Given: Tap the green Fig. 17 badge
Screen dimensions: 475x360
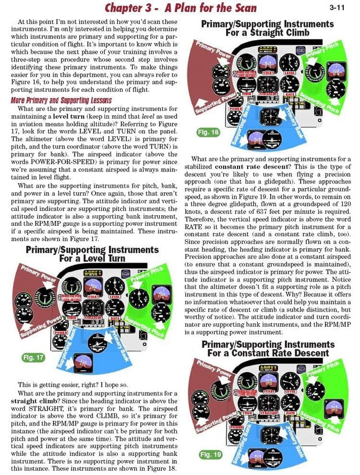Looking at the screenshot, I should click(x=33, y=357).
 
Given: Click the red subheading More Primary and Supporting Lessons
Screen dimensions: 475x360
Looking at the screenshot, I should click(x=61, y=100).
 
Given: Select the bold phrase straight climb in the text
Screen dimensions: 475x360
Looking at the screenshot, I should click(x=37, y=401).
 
